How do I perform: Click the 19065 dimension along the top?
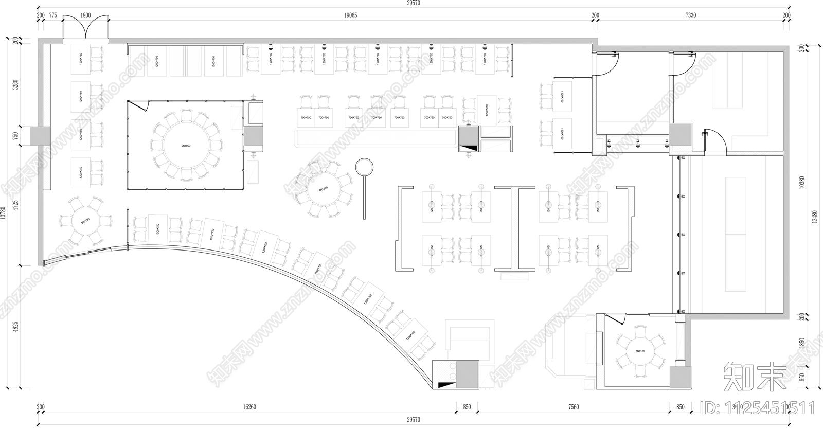pyautogui.click(x=350, y=16)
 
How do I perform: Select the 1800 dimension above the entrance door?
pyautogui.click(x=85, y=16)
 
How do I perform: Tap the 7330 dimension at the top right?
pyautogui.click(x=691, y=16)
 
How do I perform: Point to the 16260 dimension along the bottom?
pyautogui.click(x=249, y=407)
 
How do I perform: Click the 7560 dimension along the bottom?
pyautogui.click(x=574, y=407)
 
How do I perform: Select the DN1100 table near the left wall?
pyautogui.click(x=85, y=221)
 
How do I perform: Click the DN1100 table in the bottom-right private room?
pyautogui.click(x=640, y=351)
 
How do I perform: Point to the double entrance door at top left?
pyautogui.click(x=85, y=28)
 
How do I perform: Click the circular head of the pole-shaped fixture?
pyautogui.click(x=364, y=167)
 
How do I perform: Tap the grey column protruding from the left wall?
pyautogui.click(x=40, y=136)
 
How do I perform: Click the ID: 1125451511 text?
pyautogui.click(x=759, y=409)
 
